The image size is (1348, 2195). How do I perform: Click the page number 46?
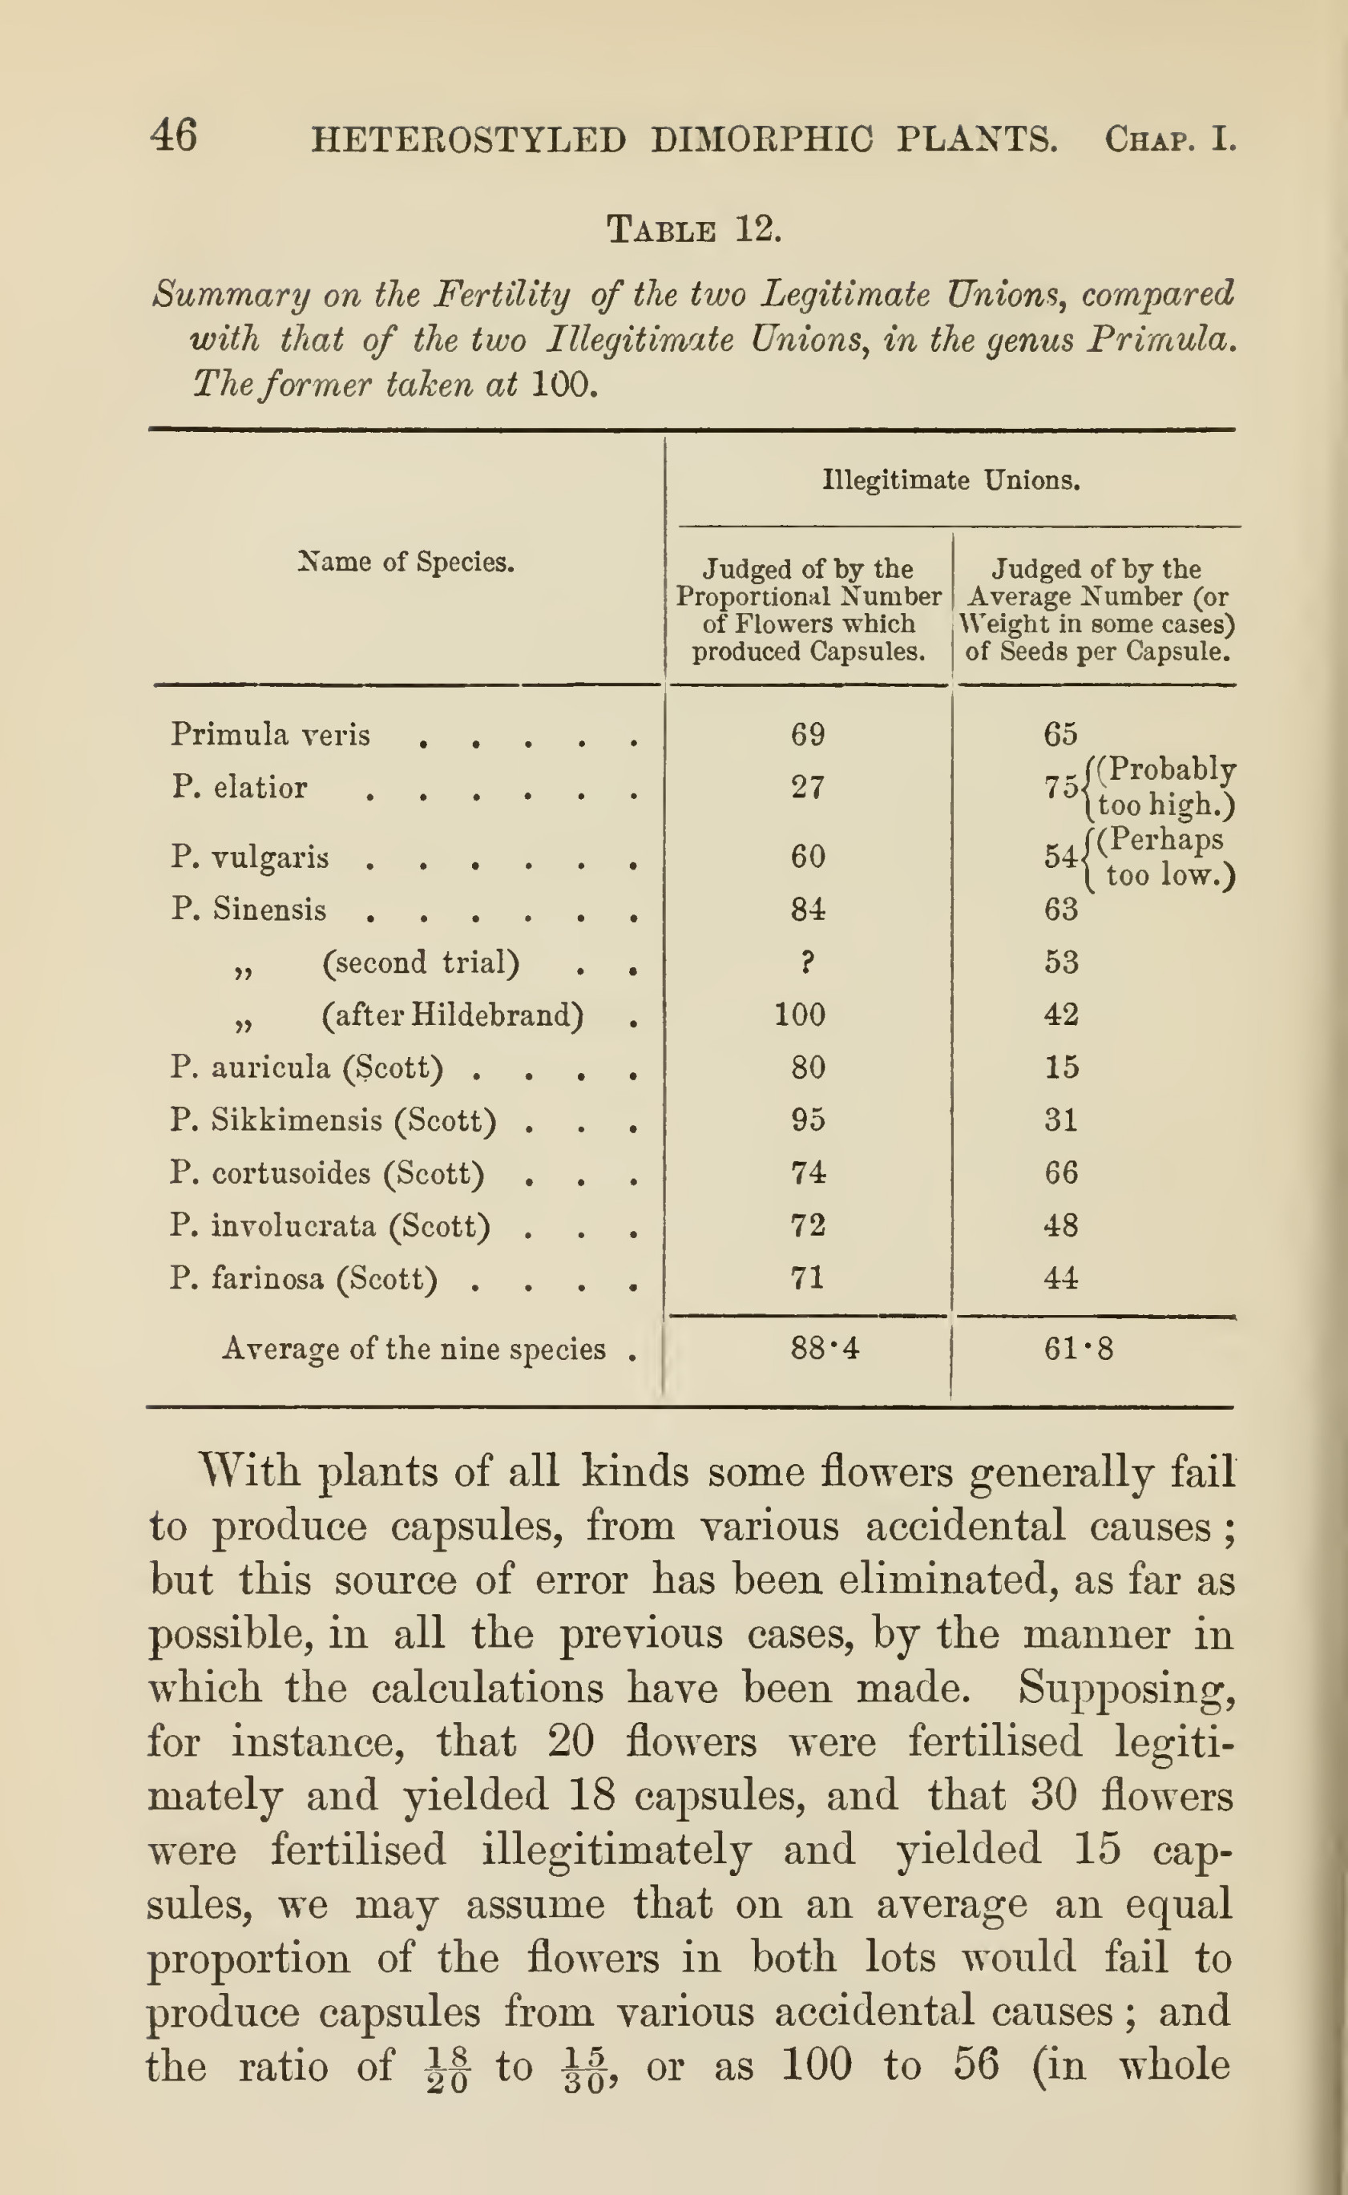[174, 136]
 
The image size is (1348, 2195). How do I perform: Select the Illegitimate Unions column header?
[950, 481]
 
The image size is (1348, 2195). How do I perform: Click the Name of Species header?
[406, 562]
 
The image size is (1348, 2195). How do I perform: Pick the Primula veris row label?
[270, 735]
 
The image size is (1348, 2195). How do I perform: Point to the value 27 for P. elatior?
[808, 787]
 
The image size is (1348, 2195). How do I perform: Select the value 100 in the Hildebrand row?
[800, 1015]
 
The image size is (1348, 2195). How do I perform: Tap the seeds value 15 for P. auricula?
[1061, 1067]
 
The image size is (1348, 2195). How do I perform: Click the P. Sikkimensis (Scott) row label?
[333, 1120]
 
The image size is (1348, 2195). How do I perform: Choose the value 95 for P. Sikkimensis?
[808, 1120]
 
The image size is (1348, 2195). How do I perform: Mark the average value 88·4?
[824, 1348]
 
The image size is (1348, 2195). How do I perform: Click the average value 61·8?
[1079, 1348]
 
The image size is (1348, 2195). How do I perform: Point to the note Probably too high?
[1164, 786]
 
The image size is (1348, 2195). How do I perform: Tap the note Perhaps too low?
[1162, 857]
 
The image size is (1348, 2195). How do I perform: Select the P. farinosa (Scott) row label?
[304, 1279]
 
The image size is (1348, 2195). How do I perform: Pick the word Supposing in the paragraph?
[1127, 1688]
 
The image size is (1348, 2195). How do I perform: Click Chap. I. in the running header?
[1170, 140]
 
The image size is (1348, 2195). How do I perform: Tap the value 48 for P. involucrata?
[1061, 1226]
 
